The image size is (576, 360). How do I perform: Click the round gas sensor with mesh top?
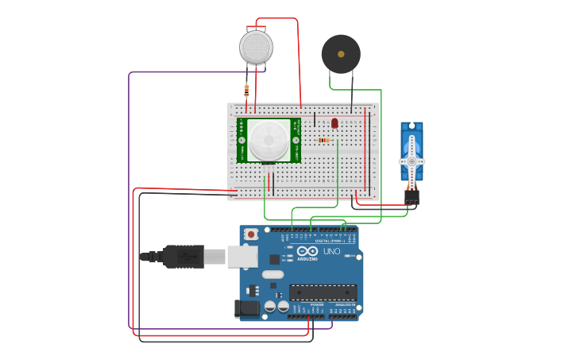[x=256, y=48]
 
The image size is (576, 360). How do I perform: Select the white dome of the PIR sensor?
[x=269, y=141]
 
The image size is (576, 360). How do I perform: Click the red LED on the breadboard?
[x=334, y=123]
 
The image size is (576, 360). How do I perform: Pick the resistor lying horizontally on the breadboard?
[x=323, y=141]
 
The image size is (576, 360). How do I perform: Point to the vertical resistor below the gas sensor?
[x=246, y=91]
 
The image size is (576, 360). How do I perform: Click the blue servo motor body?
[x=412, y=151]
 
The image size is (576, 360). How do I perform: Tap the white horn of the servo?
[x=412, y=161]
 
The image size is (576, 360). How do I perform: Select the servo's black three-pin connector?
[x=412, y=196]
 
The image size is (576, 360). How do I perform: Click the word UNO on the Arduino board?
[x=331, y=252]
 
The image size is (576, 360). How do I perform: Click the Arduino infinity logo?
[x=307, y=250]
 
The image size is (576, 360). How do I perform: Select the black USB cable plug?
[x=183, y=257]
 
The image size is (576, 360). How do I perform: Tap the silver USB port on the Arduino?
[x=242, y=256]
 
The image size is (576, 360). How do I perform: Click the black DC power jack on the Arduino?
[x=247, y=308]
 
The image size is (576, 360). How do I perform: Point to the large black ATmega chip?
[x=323, y=292]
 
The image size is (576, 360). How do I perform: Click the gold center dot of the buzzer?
[x=341, y=54]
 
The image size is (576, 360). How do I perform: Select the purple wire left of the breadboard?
[x=130, y=199]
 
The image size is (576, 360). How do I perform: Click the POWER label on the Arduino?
[x=316, y=304]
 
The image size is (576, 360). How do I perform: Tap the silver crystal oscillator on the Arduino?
[x=271, y=275]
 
